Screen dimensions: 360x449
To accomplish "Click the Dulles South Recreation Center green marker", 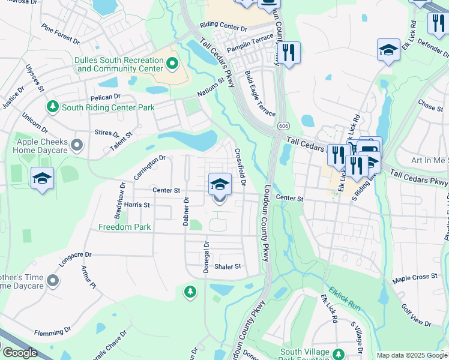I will (173, 62).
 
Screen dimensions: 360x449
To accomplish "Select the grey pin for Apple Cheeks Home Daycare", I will (76, 145).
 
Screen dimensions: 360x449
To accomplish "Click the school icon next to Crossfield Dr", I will (220, 184).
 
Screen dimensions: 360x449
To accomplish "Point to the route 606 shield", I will (282, 126).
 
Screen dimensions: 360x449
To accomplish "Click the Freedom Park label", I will (125, 227).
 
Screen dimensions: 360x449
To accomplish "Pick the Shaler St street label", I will (228, 266).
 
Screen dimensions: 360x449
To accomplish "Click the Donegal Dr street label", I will (206, 257).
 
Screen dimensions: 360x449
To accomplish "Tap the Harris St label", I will (136, 205).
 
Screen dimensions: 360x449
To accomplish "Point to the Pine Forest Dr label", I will (60, 34).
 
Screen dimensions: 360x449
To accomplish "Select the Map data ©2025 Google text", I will (411, 355).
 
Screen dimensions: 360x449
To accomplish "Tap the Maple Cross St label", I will (415, 278).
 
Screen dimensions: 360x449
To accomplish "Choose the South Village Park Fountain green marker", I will (338, 353).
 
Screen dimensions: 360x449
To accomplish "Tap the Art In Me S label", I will (429, 160).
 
